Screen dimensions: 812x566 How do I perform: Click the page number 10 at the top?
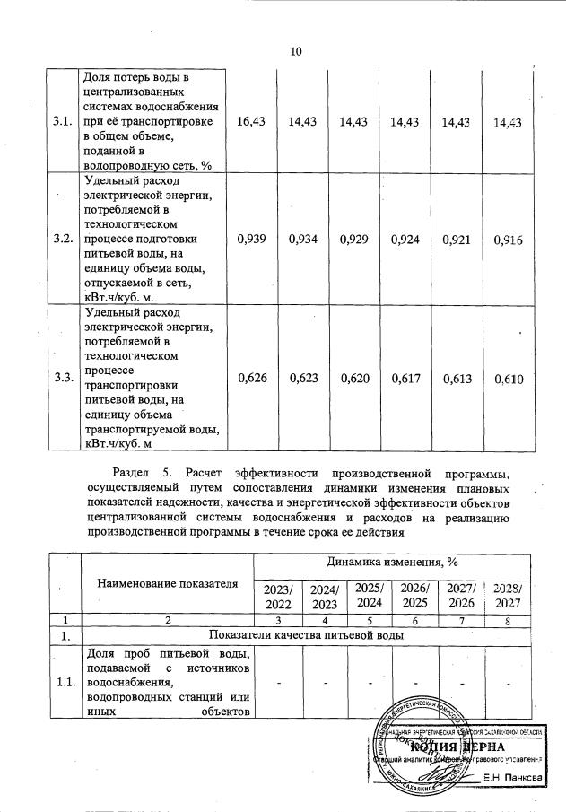(295, 51)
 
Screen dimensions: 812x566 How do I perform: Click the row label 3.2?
(63, 240)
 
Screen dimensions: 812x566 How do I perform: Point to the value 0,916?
(507, 240)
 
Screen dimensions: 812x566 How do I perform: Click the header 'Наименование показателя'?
(167, 584)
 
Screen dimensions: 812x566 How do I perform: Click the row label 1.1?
(63, 685)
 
